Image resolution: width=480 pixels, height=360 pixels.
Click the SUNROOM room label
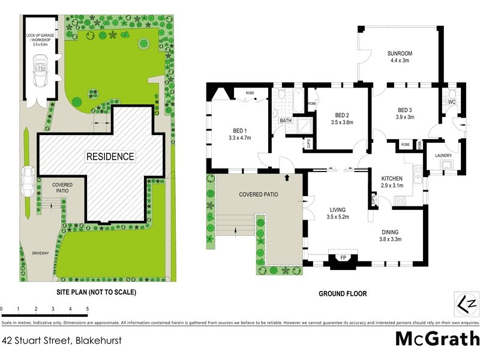tap(400, 54)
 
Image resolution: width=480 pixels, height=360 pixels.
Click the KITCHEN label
tap(396, 178)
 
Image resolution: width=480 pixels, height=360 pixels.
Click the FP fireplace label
tap(343, 258)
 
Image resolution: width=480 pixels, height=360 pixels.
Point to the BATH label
tap(286, 121)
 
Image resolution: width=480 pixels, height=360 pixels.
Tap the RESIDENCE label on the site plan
tap(110, 157)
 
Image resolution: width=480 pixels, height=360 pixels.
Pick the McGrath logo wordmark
tap(437, 338)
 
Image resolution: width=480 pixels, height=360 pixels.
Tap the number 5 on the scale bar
tap(88, 308)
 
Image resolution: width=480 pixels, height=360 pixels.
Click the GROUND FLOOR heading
tap(343, 294)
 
